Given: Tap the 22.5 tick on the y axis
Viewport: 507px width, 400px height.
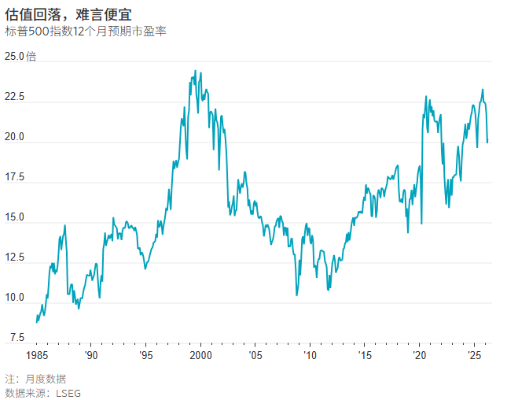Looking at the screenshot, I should tap(15, 97).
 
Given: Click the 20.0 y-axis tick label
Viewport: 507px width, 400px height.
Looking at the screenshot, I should tap(15, 137).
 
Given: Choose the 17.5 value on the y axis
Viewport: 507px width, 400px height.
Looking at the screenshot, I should tap(15, 178).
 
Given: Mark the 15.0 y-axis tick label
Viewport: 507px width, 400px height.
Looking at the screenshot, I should tap(15, 218).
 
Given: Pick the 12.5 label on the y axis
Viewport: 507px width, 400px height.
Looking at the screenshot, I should tap(15, 258).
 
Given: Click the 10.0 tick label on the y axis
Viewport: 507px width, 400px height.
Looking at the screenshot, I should tap(15, 298).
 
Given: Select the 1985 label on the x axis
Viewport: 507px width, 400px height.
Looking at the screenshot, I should tap(36, 356).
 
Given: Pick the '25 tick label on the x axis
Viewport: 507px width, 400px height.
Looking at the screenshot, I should tap(474, 356).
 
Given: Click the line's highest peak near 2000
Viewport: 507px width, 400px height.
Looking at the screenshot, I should tap(195, 71).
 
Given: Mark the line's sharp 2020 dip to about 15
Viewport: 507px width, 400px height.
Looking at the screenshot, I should tap(421, 224).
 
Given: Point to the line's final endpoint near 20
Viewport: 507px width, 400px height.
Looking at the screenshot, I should tap(487, 143).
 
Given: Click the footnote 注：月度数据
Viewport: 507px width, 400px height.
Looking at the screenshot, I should tap(35, 379).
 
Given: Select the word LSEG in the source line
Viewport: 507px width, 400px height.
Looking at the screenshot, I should tap(68, 392).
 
